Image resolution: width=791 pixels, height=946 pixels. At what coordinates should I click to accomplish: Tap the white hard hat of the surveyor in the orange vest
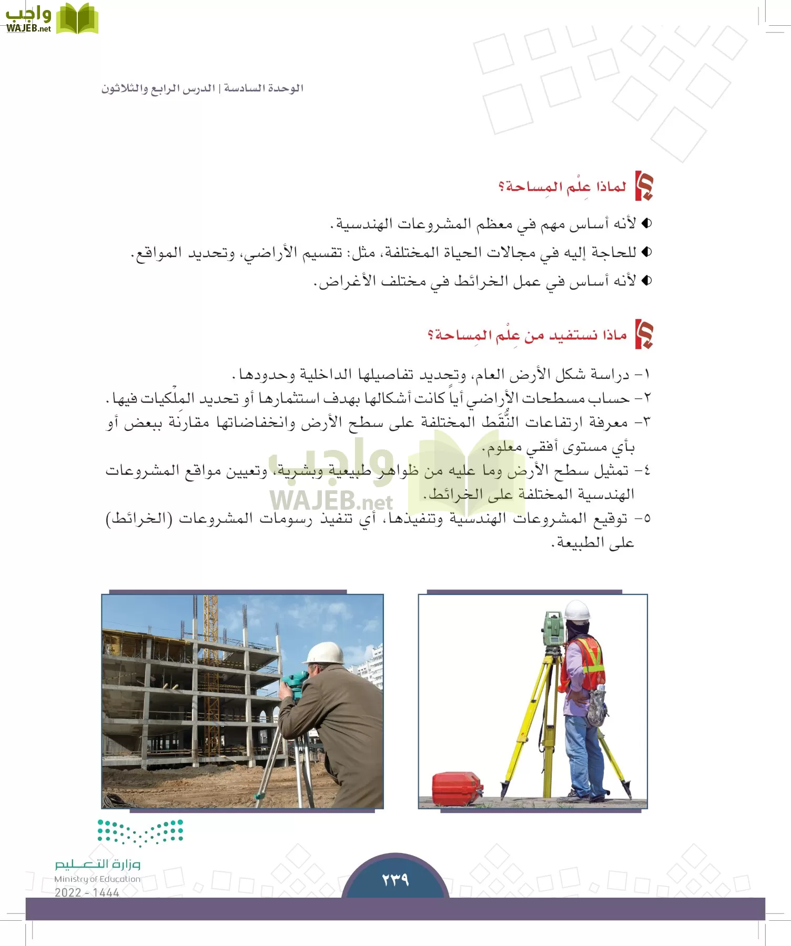tap(576, 611)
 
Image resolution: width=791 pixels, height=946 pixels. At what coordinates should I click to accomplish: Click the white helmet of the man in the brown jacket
tap(324, 653)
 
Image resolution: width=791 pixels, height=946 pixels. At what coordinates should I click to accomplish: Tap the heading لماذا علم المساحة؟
tap(562, 187)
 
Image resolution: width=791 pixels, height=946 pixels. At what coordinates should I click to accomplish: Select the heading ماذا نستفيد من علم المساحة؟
tap(527, 335)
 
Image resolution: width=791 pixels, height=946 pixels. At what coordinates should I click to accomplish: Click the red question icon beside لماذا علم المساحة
tap(644, 186)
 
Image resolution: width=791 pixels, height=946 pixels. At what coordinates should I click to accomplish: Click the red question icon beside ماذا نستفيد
tap(644, 334)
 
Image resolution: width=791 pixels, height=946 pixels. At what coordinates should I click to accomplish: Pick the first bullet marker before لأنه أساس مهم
tap(646, 223)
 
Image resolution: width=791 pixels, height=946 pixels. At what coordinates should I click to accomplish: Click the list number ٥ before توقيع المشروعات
tap(646, 518)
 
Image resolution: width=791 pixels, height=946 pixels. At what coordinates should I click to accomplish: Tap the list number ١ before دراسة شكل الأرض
tap(646, 374)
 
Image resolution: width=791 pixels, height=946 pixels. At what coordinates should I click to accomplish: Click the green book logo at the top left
tap(77, 19)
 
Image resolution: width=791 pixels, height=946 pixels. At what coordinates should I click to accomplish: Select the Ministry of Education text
tap(97, 879)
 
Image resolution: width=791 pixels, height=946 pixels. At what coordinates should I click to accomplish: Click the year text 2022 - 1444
tap(87, 892)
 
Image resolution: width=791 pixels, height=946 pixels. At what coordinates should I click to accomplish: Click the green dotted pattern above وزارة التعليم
tap(140, 832)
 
